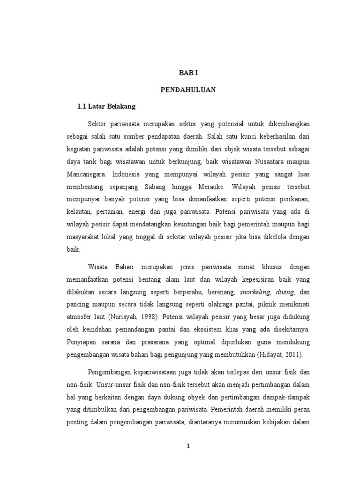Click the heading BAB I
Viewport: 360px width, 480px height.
[189, 74]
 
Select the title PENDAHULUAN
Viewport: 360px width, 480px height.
[189, 90]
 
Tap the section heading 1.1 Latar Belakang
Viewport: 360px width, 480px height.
[106, 106]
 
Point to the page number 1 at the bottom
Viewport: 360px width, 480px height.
[188, 446]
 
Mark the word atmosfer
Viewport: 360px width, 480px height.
[81, 316]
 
